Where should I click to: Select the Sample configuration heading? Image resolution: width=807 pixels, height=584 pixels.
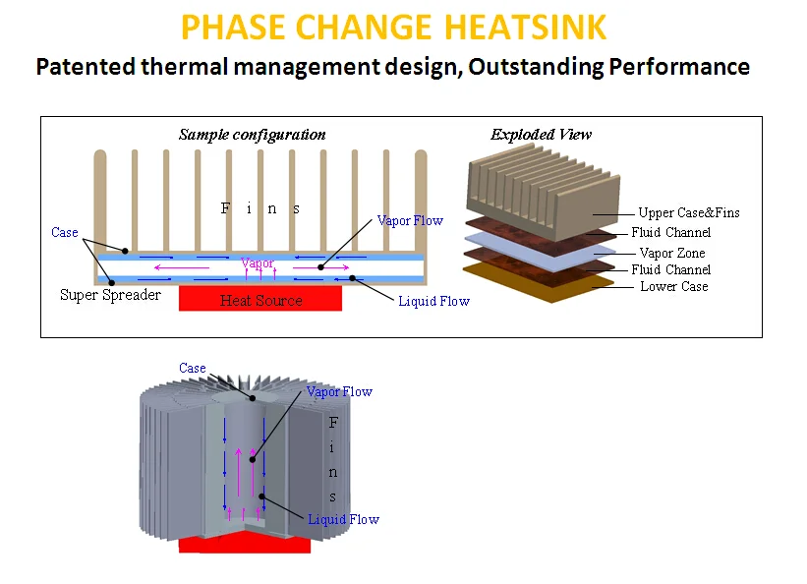(x=252, y=135)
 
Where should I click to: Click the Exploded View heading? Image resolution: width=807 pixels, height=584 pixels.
(x=541, y=135)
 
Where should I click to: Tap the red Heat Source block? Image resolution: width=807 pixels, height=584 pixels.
(x=259, y=299)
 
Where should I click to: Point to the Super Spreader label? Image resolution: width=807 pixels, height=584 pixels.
(x=110, y=295)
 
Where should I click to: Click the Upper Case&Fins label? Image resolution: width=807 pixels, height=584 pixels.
(x=688, y=212)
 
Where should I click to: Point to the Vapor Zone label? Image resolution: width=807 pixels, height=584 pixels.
(x=671, y=253)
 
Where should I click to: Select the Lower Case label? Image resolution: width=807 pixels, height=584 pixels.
(x=673, y=286)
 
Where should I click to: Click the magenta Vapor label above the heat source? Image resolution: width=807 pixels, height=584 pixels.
(x=258, y=263)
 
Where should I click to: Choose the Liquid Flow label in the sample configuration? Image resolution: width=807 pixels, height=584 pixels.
(x=433, y=301)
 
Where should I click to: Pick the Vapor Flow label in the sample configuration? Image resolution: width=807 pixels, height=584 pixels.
(x=410, y=220)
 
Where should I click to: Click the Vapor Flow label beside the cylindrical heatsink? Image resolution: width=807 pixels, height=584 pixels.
(x=339, y=391)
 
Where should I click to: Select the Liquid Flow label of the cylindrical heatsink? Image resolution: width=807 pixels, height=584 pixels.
(x=343, y=519)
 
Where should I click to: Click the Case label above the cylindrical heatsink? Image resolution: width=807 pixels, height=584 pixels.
(x=193, y=368)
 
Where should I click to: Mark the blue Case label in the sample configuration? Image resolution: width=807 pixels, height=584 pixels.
(x=65, y=232)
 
